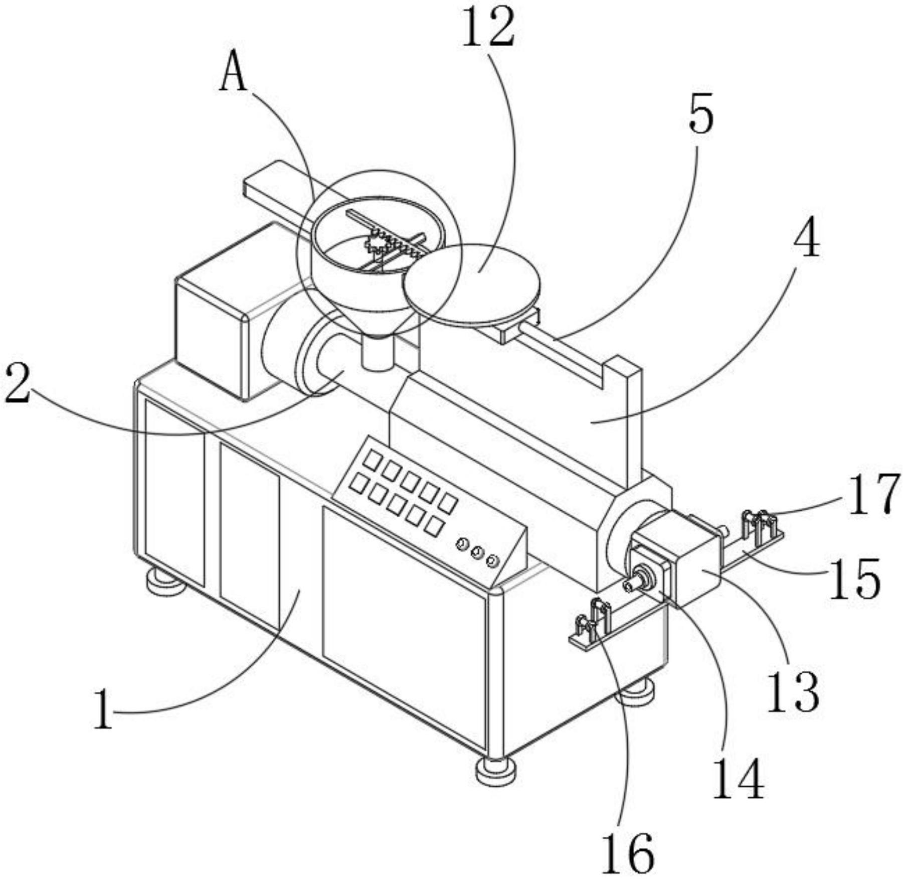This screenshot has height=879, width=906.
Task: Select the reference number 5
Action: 700,116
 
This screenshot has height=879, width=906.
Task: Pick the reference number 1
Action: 103,709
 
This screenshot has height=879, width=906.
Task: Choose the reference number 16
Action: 628,851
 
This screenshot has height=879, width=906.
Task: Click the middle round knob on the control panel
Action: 477,553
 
